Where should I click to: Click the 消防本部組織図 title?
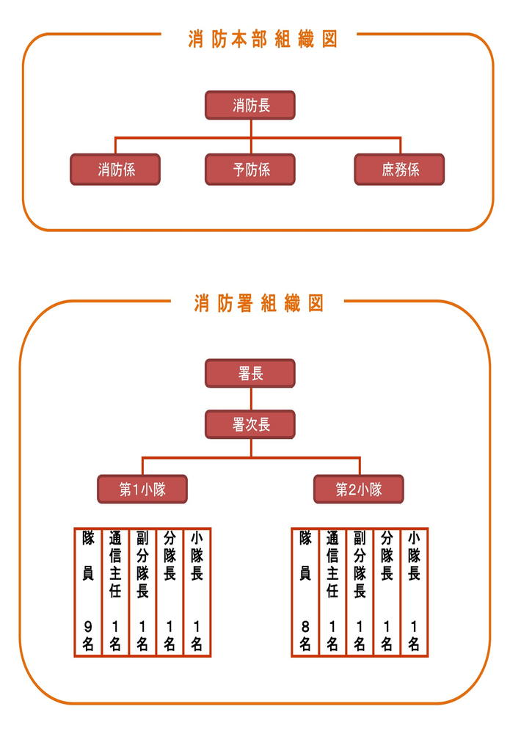click(x=263, y=40)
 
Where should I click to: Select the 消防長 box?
click(x=250, y=105)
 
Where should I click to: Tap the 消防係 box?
click(x=115, y=170)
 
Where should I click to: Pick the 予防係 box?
click(x=250, y=170)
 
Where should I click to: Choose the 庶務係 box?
click(x=400, y=170)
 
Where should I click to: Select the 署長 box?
click(x=250, y=374)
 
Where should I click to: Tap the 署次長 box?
click(x=250, y=425)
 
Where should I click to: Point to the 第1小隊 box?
click(x=142, y=490)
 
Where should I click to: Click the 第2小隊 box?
click(x=359, y=490)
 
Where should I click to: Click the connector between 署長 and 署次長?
click(x=251, y=399)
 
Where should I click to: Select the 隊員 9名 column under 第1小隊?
click(x=87, y=592)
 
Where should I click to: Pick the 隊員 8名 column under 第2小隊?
click(x=305, y=592)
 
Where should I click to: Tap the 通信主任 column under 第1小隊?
click(x=115, y=592)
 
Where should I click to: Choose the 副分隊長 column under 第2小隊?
click(x=360, y=592)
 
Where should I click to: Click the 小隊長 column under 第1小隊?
click(x=197, y=592)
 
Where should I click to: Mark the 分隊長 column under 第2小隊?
click(x=387, y=592)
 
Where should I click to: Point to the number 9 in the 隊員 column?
click(x=87, y=626)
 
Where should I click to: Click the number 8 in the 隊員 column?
click(x=305, y=626)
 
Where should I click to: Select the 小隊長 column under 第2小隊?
click(x=414, y=592)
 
